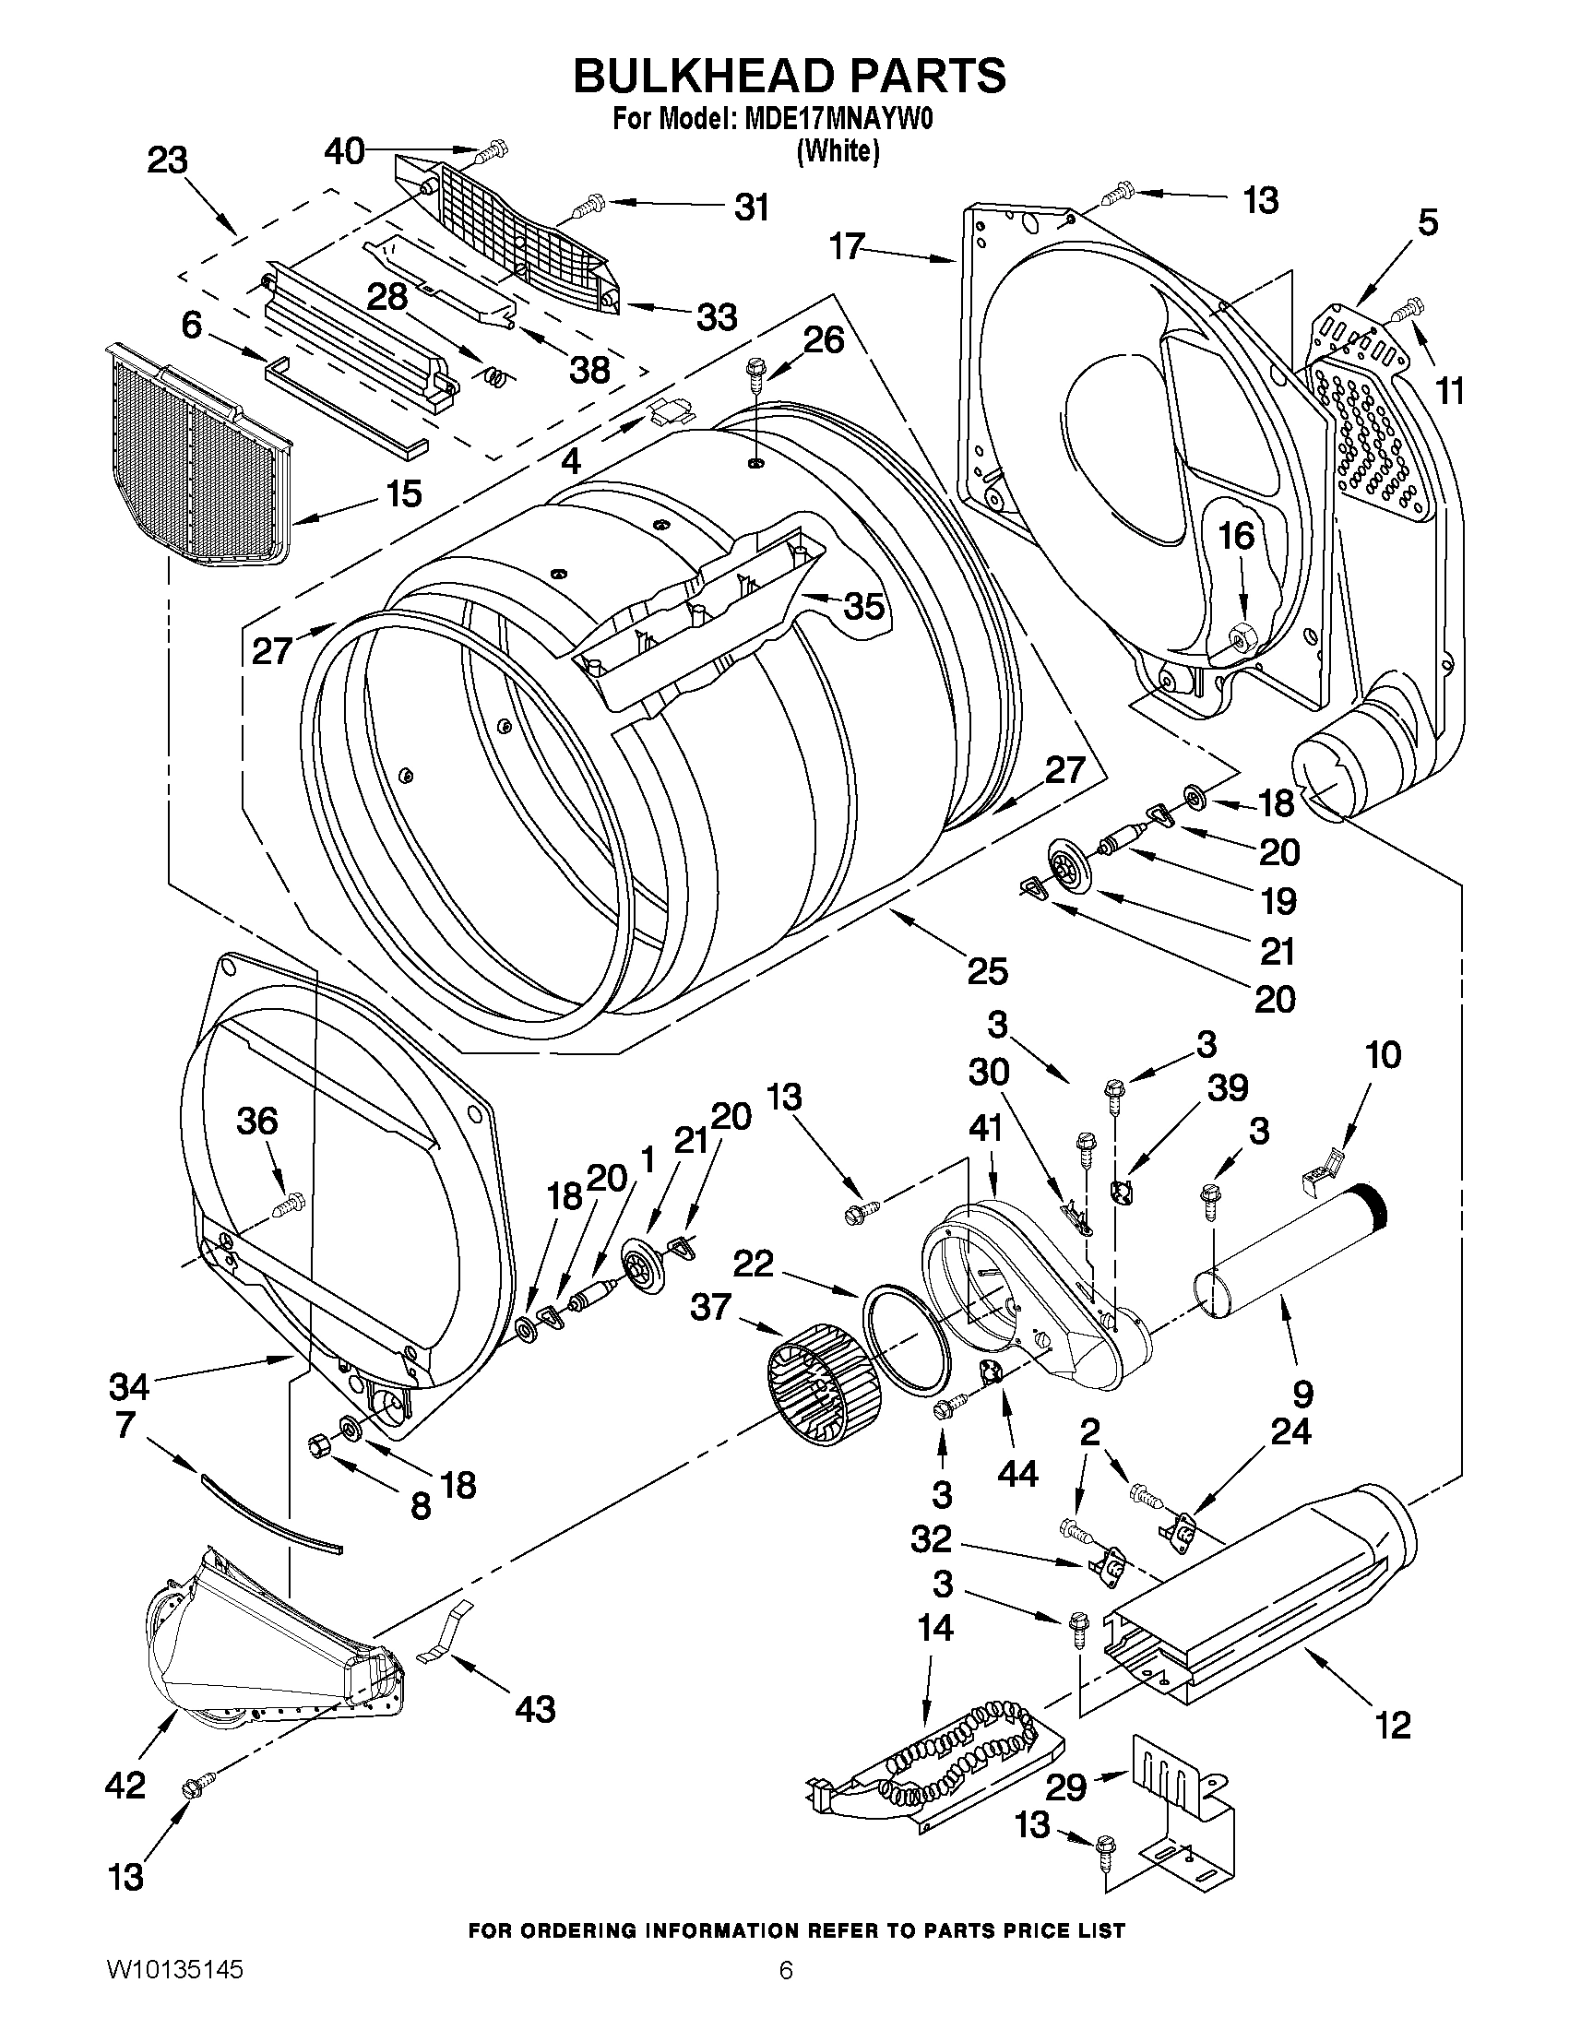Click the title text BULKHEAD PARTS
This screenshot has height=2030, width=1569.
[789, 77]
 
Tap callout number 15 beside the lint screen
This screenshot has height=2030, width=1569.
[403, 493]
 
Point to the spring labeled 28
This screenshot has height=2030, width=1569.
[499, 375]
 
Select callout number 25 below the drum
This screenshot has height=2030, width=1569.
[987, 971]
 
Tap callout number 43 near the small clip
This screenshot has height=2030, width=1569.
[534, 1707]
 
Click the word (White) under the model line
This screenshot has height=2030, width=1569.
[838, 151]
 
